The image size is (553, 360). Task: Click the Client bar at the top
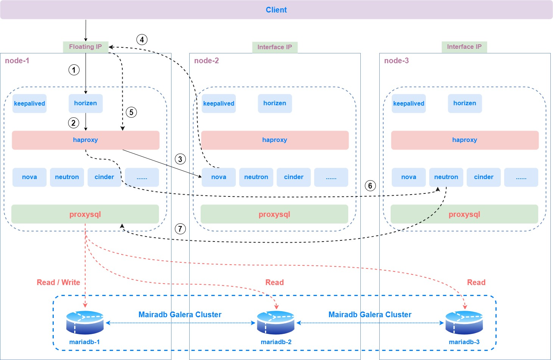coord(276,10)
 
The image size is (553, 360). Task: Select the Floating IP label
coord(86,47)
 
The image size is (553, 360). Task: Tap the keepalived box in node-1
coord(30,103)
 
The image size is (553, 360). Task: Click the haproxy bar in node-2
coord(275,140)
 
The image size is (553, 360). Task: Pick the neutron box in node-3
coord(446,177)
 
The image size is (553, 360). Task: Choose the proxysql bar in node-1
coord(85,214)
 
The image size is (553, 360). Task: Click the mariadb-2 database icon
coord(276,323)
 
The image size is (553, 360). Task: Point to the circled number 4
coord(142,40)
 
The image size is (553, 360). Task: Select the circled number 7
coord(180,229)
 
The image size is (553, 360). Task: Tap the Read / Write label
coord(58,282)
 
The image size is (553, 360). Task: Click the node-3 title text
coord(396,61)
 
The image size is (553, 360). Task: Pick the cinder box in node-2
coord(294,177)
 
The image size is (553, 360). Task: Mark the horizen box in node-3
coord(465,103)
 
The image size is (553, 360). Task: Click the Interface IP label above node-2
coord(275,47)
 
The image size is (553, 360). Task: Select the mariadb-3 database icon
coord(464,323)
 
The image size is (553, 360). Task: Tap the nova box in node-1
coord(30,177)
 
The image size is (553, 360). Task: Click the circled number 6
coord(370,185)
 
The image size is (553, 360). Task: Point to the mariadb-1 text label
coord(84,342)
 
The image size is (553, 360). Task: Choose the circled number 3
coord(180,159)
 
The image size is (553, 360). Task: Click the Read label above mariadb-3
coord(476,282)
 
